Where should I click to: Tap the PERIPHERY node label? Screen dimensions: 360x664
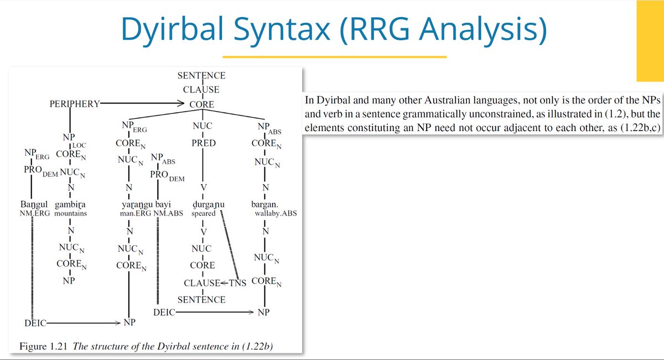pyautogui.click(x=74, y=103)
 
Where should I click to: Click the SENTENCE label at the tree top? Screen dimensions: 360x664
pyautogui.click(x=201, y=76)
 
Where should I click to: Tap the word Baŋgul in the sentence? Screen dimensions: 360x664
pyautogui.click(x=33, y=205)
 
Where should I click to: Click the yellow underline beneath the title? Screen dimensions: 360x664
pyautogui.click(x=334, y=56)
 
